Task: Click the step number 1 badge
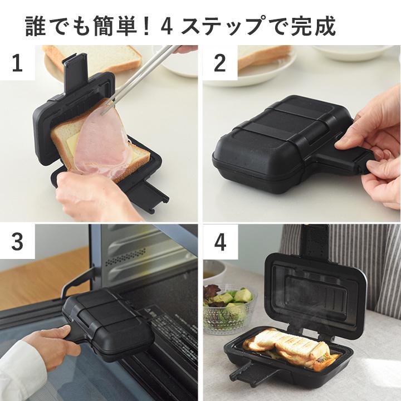click(x=17, y=63)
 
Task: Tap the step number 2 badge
click(x=219, y=63)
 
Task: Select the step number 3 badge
click(x=17, y=242)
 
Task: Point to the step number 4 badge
click(x=219, y=242)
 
